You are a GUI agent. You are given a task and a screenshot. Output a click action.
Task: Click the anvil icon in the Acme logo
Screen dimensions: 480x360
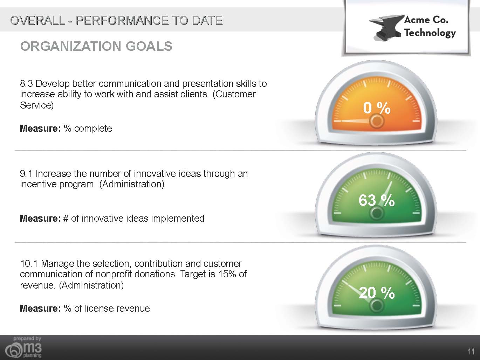click(x=386, y=28)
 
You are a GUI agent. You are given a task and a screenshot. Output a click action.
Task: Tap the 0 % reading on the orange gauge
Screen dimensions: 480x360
click(x=377, y=108)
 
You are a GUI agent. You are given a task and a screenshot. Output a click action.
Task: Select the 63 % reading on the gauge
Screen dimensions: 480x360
click(x=377, y=200)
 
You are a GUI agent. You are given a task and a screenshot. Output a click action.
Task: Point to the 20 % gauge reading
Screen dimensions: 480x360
click(x=377, y=293)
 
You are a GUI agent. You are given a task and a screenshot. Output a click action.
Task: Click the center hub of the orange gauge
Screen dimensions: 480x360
click(x=377, y=121)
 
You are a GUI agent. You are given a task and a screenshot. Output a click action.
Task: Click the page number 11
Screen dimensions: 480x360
click(x=471, y=352)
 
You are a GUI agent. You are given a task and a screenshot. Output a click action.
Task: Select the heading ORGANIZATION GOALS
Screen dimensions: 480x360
click(x=96, y=46)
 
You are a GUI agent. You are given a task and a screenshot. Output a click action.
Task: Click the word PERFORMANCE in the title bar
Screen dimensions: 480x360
click(x=122, y=21)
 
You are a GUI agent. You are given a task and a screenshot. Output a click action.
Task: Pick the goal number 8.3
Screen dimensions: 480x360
click(x=27, y=83)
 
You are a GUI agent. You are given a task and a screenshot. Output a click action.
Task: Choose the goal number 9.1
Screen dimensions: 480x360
click(x=26, y=174)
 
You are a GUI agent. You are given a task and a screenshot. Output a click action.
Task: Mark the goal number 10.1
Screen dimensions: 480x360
click(x=29, y=264)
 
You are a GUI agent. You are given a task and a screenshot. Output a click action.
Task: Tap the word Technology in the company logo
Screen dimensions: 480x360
click(x=430, y=33)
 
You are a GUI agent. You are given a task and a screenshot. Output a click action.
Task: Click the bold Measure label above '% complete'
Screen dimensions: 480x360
click(x=40, y=128)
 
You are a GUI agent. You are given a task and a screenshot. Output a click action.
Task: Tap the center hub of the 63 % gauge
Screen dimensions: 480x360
click(x=377, y=213)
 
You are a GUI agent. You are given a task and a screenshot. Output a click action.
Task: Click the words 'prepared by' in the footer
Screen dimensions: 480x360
click(x=27, y=339)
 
